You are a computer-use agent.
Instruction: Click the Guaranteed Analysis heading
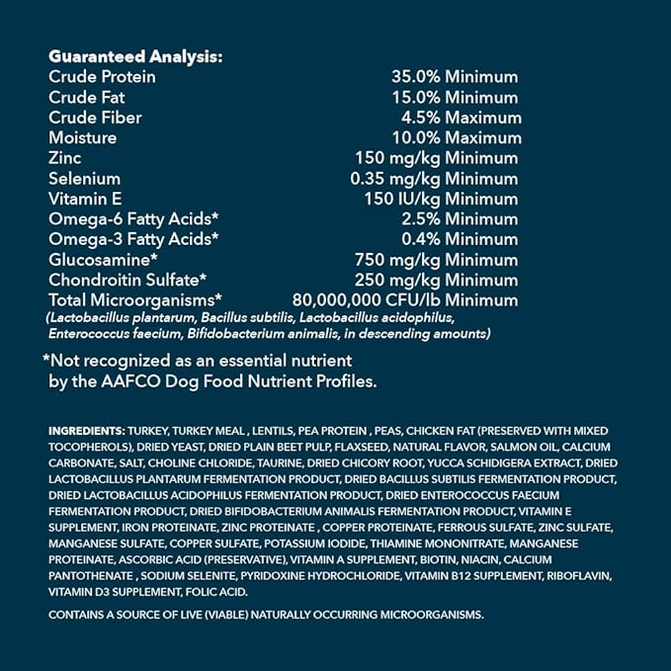point(134,56)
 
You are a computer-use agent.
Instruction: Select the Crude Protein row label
point(102,77)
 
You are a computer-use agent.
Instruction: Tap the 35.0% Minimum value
point(455,77)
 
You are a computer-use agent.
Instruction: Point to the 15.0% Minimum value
point(455,98)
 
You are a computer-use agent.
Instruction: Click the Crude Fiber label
point(95,118)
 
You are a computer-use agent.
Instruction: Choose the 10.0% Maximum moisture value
point(455,138)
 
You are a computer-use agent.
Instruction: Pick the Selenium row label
point(84,179)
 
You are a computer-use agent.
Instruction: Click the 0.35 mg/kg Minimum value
point(435,179)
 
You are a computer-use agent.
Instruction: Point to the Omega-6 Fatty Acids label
point(133,219)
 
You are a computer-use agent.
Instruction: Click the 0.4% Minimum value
point(459,239)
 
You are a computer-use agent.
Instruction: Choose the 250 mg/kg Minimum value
point(435,280)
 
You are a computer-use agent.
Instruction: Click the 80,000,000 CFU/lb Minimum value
point(405,299)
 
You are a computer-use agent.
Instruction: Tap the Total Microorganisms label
point(135,299)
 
